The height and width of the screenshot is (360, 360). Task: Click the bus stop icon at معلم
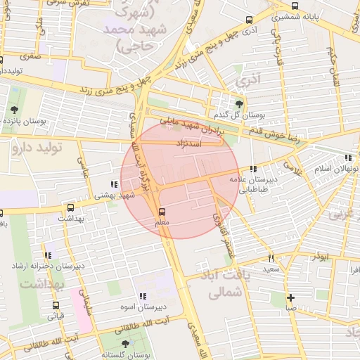[x=163, y=211]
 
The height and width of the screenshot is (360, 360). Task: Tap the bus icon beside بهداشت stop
[x=70, y=208]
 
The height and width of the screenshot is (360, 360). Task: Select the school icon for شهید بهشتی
[x=114, y=184]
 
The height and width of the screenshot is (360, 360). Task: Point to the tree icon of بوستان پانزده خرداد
[x=14, y=110]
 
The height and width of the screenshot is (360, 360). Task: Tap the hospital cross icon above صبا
[x=290, y=297]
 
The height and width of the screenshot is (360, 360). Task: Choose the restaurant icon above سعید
[x=271, y=259]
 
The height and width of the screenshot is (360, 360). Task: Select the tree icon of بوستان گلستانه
[x=125, y=344]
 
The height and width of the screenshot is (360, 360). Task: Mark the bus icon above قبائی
[x=56, y=306]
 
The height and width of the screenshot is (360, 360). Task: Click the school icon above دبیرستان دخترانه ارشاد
[x=48, y=256]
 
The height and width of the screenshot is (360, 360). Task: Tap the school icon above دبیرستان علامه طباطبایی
[x=252, y=169]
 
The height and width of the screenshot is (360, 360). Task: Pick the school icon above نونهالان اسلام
[x=347, y=158]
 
